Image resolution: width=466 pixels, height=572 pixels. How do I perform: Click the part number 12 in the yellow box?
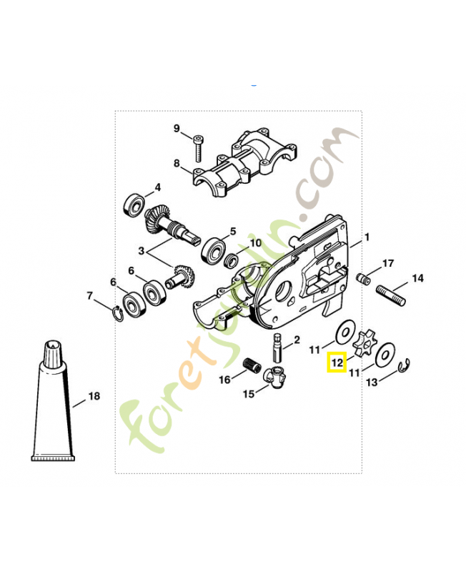[x=337, y=363]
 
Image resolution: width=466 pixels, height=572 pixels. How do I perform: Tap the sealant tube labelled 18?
[x=54, y=415]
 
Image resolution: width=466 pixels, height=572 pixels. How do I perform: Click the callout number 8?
[x=177, y=164]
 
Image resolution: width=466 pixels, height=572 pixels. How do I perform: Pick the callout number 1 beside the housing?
[x=367, y=237]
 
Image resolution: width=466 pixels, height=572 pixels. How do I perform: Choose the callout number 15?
[x=248, y=394]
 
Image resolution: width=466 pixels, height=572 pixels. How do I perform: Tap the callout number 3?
[x=141, y=251]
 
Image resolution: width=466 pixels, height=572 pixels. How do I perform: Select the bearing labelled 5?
[x=212, y=251]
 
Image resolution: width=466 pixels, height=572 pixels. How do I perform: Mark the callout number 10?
[x=255, y=243]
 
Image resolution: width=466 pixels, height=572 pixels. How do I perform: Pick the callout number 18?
[x=94, y=396]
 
